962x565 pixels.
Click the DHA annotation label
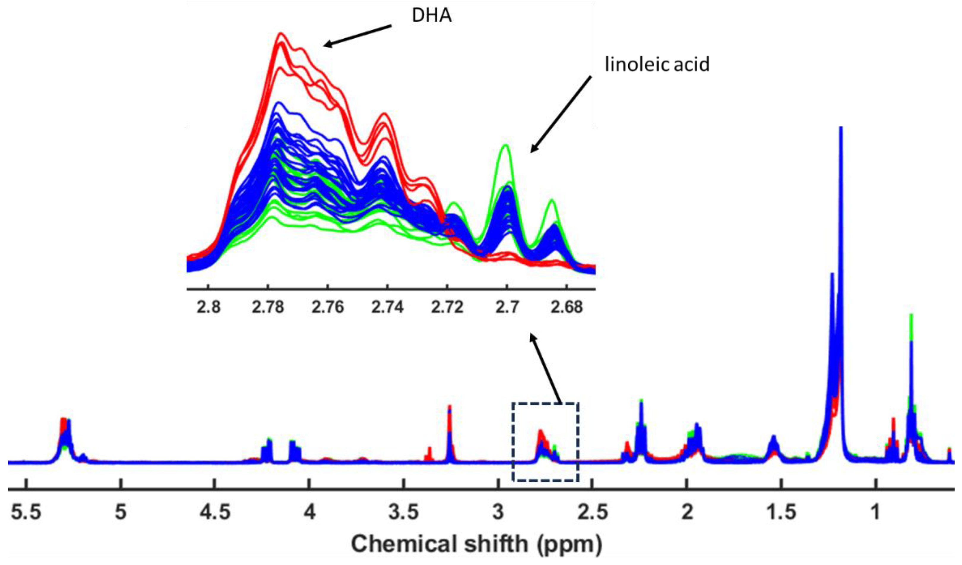432,16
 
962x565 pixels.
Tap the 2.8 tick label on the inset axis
209,307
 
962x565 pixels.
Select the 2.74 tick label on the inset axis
387,307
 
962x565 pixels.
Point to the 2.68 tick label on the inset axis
567,307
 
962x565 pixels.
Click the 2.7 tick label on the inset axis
507,307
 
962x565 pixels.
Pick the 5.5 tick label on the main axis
26,512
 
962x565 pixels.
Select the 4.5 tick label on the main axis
215,512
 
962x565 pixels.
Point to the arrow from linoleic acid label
561,114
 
